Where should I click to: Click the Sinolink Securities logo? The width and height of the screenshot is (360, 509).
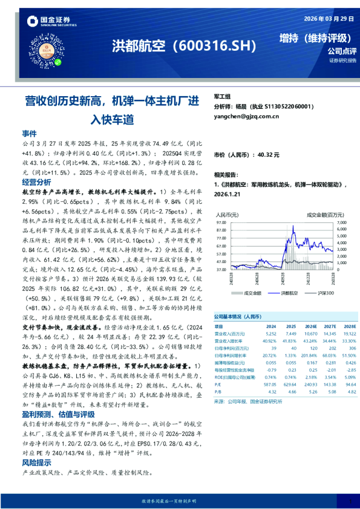click(51, 22)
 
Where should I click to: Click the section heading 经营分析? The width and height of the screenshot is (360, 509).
click(36, 182)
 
